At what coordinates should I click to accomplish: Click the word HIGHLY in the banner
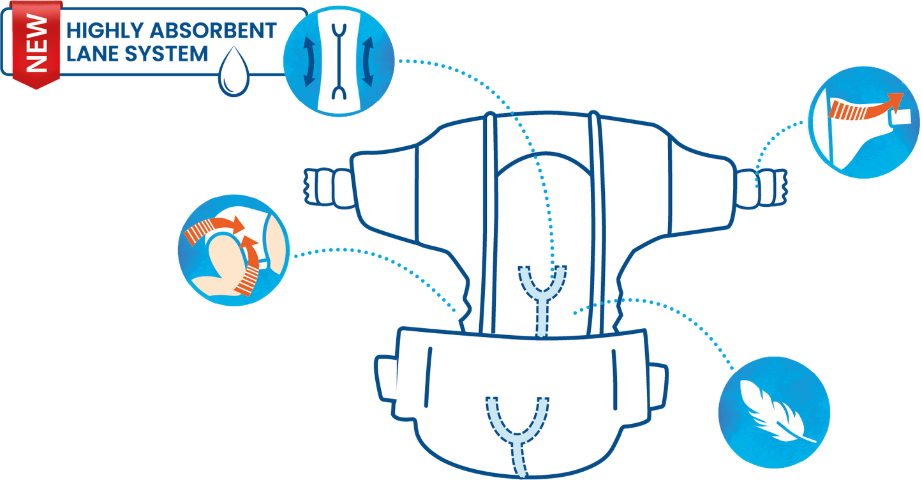click(105, 31)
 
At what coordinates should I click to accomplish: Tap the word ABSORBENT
click(213, 31)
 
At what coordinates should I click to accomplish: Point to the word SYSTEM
click(166, 54)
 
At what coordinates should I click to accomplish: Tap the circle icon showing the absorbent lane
click(339, 61)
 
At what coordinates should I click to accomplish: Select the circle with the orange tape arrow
click(864, 123)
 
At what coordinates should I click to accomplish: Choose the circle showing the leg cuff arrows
click(234, 250)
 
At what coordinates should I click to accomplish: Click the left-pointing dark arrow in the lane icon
click(309, 62)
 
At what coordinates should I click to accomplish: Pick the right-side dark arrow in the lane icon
click(368, 62)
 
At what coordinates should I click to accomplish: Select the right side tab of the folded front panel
click(658, 386)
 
